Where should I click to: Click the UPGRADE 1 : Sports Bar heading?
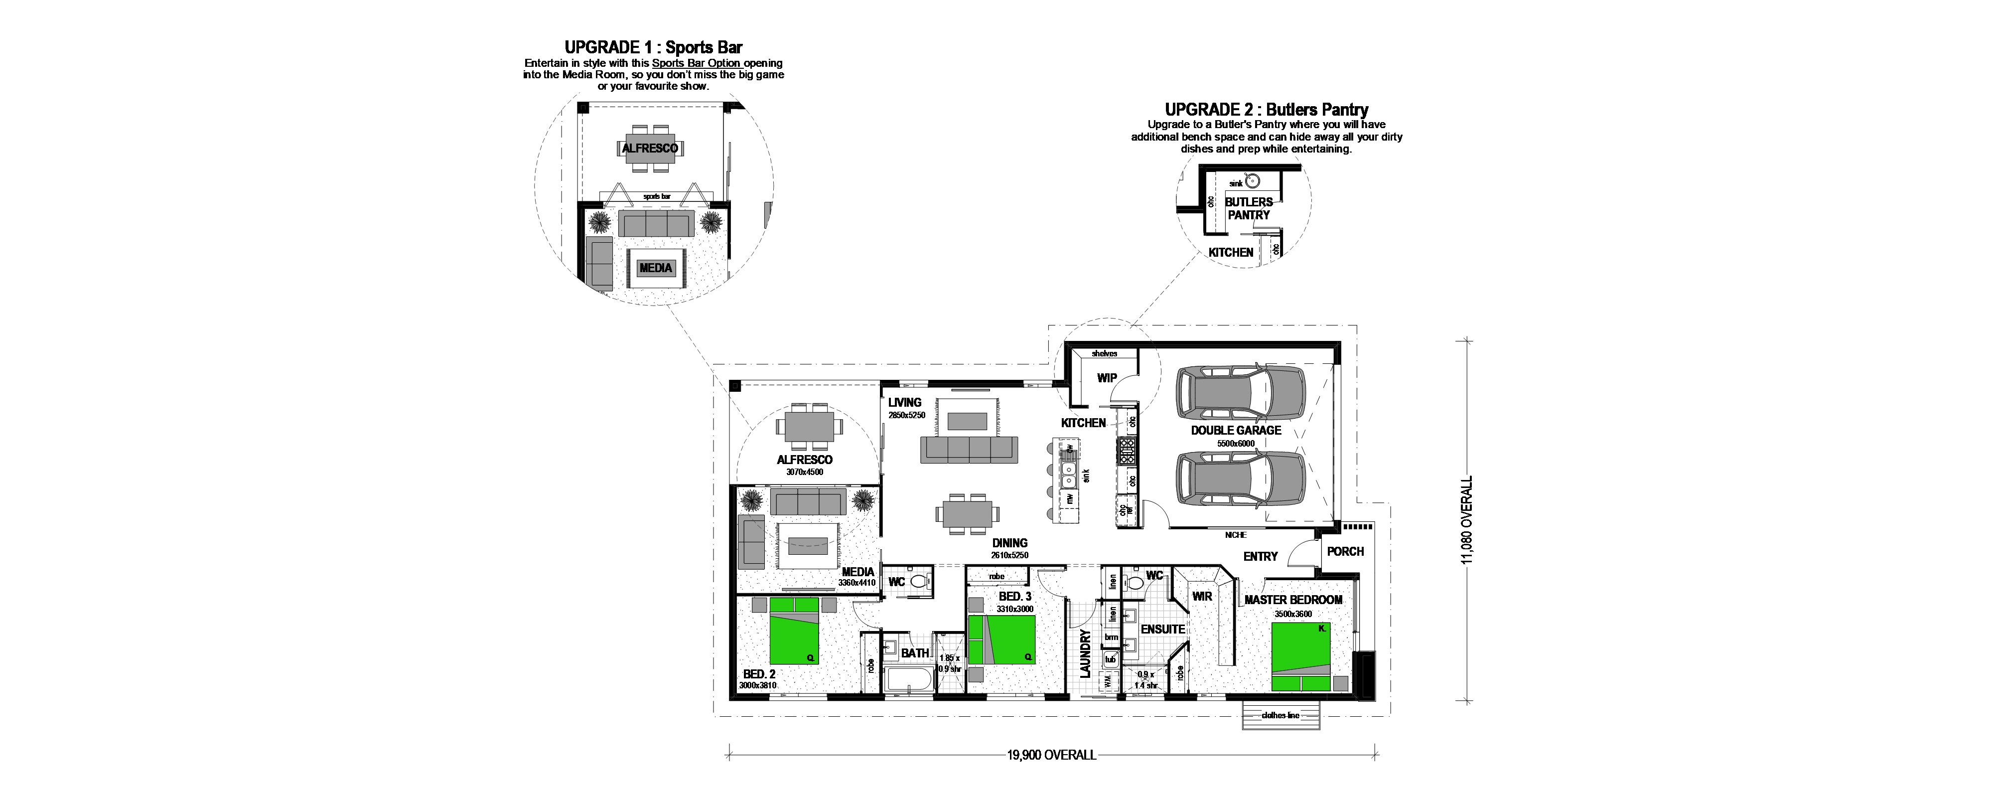pos(653,48)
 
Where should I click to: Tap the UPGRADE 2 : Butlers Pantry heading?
pos(1267,110)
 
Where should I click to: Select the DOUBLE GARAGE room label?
pos(1236,431)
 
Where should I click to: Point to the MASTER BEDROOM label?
pos(1293,600)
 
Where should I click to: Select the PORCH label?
pos(1345,551)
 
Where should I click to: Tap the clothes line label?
pos(1281,715)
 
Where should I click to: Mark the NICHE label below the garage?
pos(1236,535)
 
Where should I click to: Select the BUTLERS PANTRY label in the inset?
pos(1248,208)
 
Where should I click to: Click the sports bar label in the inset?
pos(656,197)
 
